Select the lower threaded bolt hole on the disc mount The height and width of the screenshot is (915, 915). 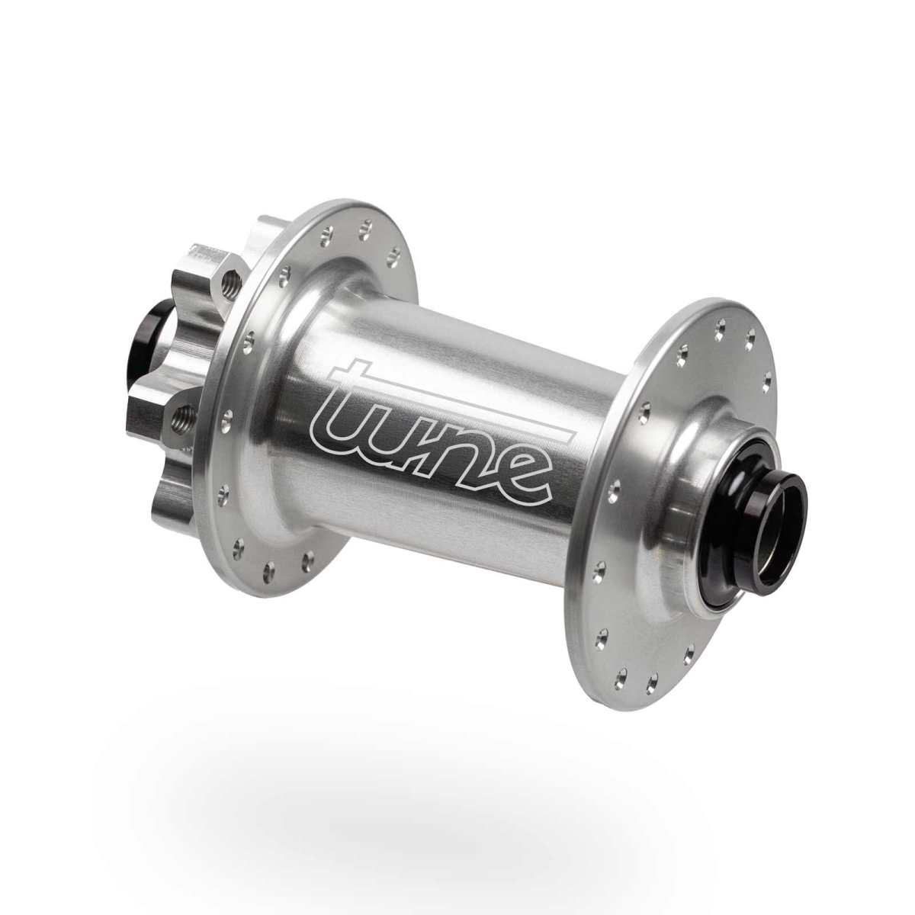[x=183, y=416]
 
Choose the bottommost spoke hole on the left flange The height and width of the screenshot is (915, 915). [x=268, y=567]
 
